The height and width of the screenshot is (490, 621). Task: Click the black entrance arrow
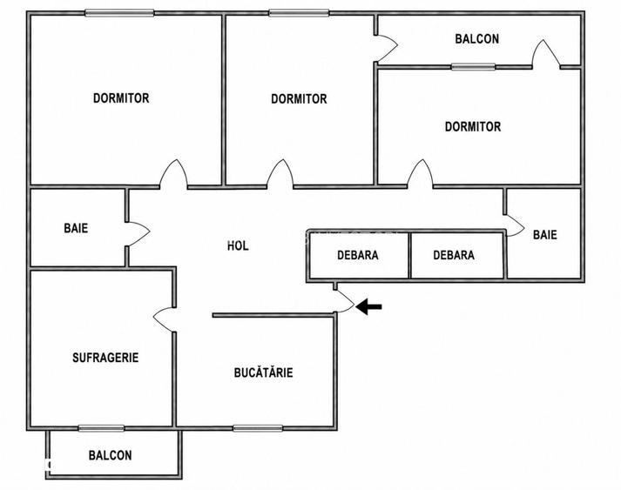pyautogui.click(x=368, y=306)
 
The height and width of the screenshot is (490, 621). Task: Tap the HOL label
pyautogui.click(x=238, y=245)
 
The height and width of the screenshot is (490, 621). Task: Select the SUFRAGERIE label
pyautogui.click(x=105, y=358)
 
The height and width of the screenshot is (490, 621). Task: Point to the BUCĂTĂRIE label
pyautogui.click(x=263, y=373)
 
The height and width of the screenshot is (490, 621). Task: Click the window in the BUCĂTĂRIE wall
pyautogui.click(x=258, y=428)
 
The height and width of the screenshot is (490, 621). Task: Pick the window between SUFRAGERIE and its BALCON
pyautogui.click(x=101, y=428)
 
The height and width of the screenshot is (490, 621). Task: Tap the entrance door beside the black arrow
pyautogui.click(x=346, y=302)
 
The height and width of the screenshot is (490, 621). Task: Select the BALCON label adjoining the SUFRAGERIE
pyautogui.click(x=110, y=455)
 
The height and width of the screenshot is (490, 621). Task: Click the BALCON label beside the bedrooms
pyautogui.click(x=476, y=39)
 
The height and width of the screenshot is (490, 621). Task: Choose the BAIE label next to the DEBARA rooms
pyautogui.click(x=545, y=235)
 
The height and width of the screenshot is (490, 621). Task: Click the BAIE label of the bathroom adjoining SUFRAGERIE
pyautogui.click(x=76, y=228)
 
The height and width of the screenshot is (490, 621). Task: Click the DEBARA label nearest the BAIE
pyautogui.click(x=454, y=255)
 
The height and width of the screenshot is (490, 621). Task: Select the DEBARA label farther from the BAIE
pyautogui.click(x=358, y=255)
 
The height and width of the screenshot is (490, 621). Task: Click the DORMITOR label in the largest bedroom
pyautogui.click(x=121, y=98)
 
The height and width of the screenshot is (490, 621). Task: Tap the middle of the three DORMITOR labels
pyautogui.click(x=299, y=99)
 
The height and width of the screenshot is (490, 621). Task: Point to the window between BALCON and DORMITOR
pyautogui.click(x=473, y=66)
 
